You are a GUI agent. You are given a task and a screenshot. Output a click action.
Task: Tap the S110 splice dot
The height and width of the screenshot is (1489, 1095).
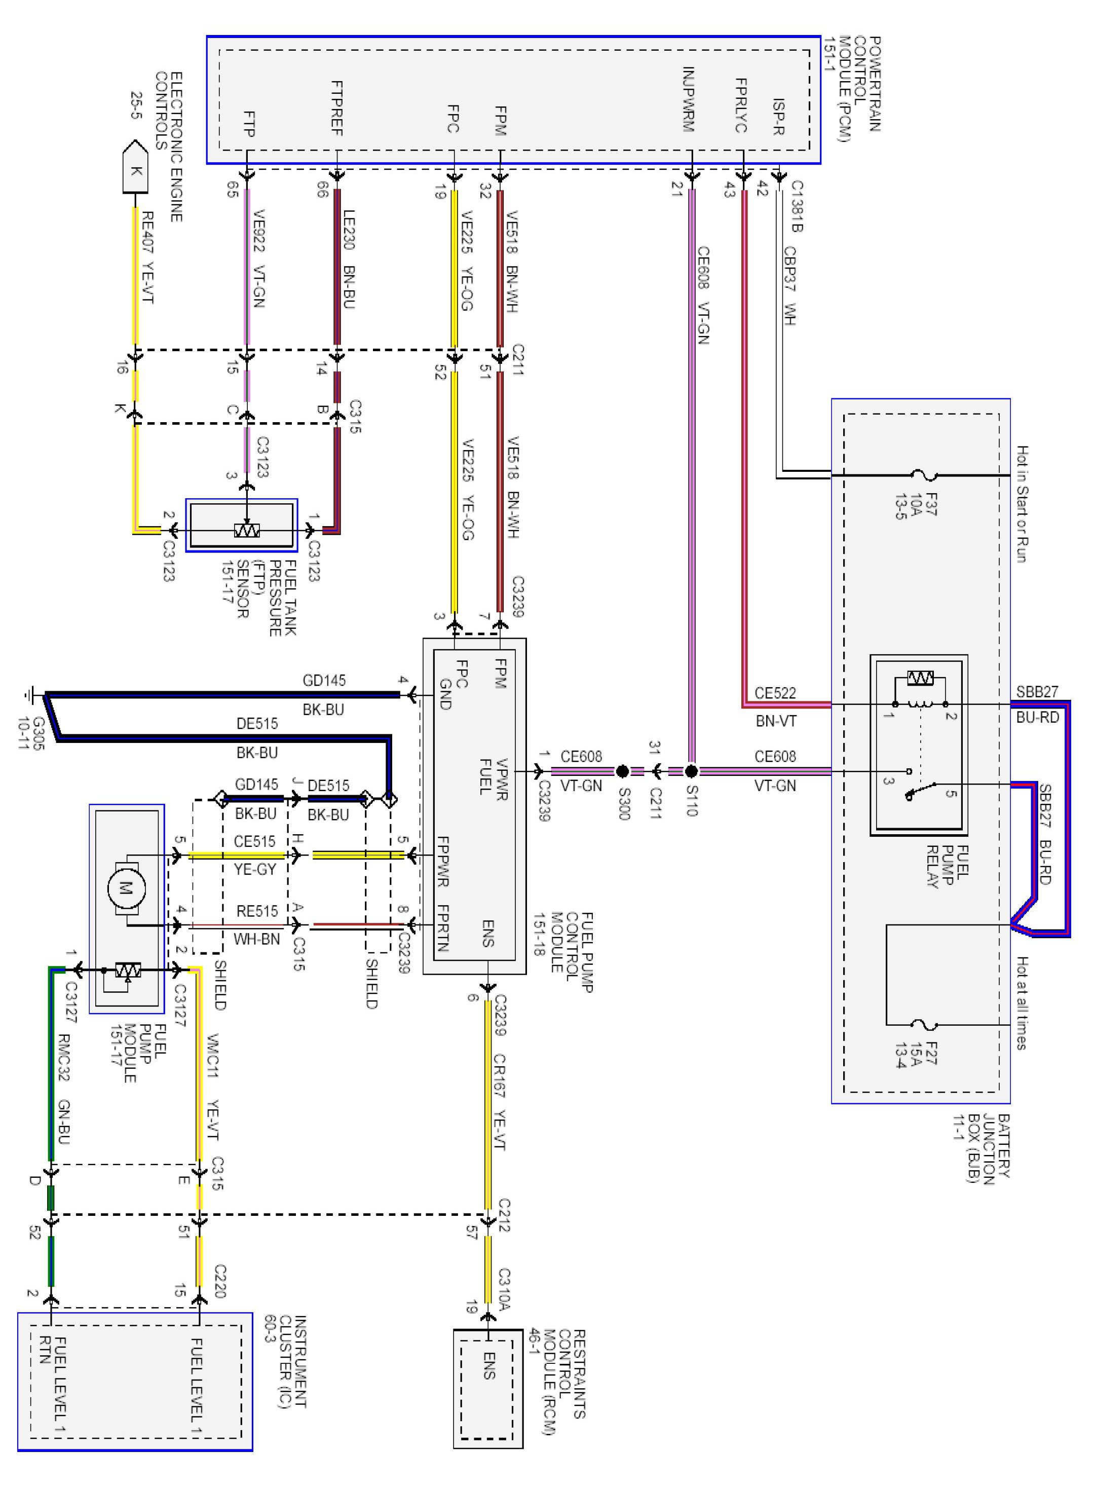691,771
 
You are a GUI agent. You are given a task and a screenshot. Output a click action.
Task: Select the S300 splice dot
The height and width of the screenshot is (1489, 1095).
622,771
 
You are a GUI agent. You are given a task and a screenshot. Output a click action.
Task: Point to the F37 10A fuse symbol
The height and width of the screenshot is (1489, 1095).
923,475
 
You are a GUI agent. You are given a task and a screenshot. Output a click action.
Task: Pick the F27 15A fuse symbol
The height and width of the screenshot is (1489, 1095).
923,1025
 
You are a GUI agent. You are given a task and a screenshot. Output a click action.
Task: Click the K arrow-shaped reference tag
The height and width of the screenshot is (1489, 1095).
135,168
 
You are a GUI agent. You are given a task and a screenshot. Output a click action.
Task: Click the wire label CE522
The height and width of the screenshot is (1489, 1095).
775,693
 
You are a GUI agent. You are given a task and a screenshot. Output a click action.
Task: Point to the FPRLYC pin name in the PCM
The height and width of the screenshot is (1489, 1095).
741,106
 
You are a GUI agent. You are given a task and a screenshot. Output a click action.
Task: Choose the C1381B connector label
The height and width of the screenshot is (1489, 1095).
796,207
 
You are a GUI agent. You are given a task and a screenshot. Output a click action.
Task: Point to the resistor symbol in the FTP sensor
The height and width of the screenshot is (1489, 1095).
247,530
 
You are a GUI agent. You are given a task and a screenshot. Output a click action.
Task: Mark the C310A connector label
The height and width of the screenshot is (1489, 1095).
504,1289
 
